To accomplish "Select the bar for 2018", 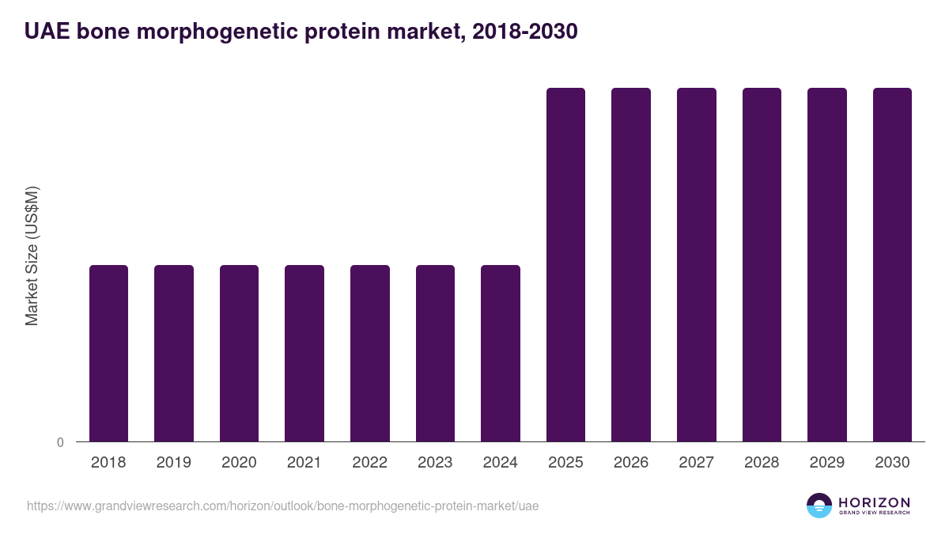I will [x=108, y=353].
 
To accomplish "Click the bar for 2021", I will [x=304, y=353].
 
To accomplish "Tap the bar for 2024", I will [x=501, y=353].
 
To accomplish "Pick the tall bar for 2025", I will [x=565, y=264].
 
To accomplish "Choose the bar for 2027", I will [x=696, y=264].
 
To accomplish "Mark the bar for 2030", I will [x=892, y=264].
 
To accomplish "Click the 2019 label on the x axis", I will [x=174, y=463].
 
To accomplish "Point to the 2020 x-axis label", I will [x=239, y=463].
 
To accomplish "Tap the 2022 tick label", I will [x=369, y=463].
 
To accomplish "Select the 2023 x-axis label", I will [x=435, y=463].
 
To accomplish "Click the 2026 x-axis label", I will [x=631, y=463].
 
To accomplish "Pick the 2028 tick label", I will [x=762, y=463].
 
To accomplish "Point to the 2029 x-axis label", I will [x=826, y=463].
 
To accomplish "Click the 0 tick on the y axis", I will [x=60, y=443].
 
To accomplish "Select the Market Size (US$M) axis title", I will [x=32, y=256].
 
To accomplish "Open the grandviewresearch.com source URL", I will [x=282, y=506].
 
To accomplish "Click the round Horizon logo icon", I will [x=819, y=506].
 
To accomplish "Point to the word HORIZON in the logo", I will [x=874, y=502].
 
